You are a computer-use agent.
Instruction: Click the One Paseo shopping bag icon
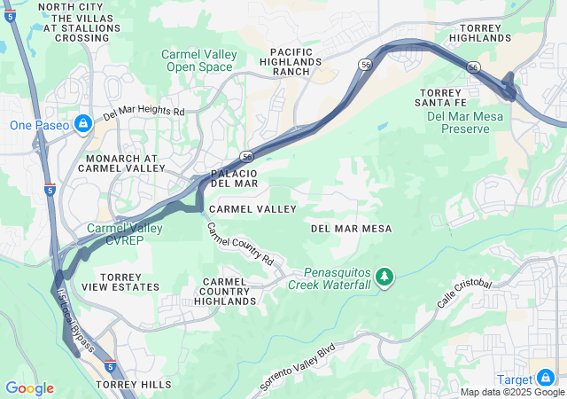point(82,122)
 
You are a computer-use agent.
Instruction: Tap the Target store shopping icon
point(546,378)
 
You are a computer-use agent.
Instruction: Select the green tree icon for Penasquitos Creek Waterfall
point(384,278)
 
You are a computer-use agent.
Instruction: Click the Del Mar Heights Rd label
point(144,113)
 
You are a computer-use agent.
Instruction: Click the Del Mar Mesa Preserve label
point(457,122)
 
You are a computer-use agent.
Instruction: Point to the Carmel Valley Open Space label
point(199,60)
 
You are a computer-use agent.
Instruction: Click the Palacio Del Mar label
point(234,177)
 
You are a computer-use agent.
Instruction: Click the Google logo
point(29,388)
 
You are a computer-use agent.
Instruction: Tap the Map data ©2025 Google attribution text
point(512,392)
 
